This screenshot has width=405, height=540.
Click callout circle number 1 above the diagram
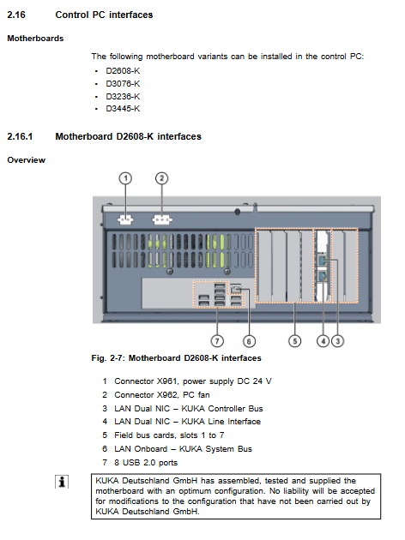tap(125, 178)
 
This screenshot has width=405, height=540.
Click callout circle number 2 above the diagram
tap(161, 178)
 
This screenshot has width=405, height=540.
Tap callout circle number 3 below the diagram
tap(337, 341)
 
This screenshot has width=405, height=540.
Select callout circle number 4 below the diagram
tap(323, 341)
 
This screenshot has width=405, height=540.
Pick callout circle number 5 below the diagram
tap(294, 341)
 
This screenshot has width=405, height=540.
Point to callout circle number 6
tap(249, 341)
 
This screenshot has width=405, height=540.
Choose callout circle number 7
tap(217, 341)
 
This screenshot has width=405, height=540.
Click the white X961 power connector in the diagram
tap(125, 219)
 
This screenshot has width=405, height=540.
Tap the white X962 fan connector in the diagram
tap(162, 219)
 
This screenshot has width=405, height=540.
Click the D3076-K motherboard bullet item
tap(123, 84)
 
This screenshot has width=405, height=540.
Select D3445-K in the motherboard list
tap(123, 109)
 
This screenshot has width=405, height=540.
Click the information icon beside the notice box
tap(62, 482)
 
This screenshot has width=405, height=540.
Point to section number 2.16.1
tap(20, 137)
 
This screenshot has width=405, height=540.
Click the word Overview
tap(27, 160)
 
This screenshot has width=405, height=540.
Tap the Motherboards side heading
tap(35, 39)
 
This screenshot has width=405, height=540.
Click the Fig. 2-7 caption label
tap(109, 358)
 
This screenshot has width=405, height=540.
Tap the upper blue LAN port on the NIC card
tap(323, 261)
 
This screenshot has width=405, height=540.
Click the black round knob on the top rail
tap(238, 212)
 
